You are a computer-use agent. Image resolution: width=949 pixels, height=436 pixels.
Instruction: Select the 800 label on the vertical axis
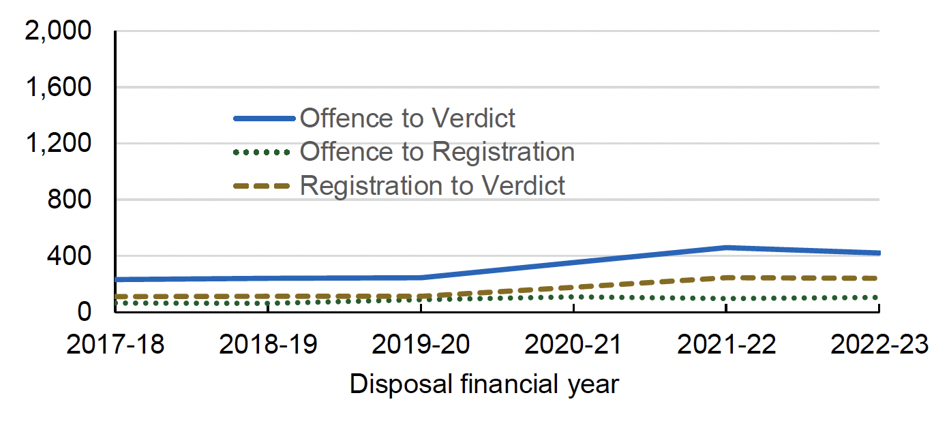tap(75, 200)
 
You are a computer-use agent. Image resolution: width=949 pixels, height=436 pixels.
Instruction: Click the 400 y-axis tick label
tap(75, 256)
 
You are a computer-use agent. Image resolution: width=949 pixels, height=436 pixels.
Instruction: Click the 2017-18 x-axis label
tap(115, 345)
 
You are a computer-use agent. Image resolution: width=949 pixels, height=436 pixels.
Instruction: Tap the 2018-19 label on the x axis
tap(268, 345)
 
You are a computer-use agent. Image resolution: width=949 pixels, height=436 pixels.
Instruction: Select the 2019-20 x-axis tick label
tap(421, 345)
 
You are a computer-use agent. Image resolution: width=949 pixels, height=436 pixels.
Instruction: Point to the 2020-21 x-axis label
tap(573, 345)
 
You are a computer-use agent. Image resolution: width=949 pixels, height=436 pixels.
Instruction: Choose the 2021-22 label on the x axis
tap(726, 345)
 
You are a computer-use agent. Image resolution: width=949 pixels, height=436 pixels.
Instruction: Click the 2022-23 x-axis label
tap(879, 345)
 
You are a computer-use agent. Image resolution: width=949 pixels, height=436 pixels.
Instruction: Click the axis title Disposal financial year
tap(484, 385)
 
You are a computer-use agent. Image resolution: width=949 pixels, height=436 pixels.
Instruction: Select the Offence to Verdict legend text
tap(408, 119)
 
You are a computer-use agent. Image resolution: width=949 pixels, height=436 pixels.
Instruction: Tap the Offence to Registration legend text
tap(437, 151)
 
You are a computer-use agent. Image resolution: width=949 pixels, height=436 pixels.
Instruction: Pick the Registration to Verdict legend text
tap(432, 185)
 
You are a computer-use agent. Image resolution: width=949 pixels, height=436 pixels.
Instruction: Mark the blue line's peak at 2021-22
tap(726, 248)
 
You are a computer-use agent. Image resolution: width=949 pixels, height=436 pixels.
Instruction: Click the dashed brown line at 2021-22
tap(726, 277)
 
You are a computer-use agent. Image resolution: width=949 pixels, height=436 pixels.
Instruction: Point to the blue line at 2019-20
tap(421, 278)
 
